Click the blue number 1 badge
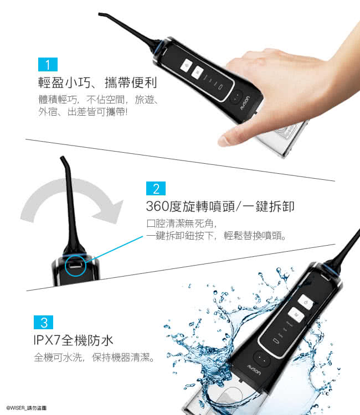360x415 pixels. pyautogui.click(x=48, y=64)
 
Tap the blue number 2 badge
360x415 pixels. pyautogui.click(x=156, y=189)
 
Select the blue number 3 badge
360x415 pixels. pyautogui.click(x=43, y=323)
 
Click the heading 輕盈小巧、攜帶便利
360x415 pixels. pyautogui.click(x=97, y=82)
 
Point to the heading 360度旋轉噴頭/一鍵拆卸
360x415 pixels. pyautogui.click(x=220, y=206)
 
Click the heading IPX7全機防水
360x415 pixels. pyautogui.click(x=73, y=340)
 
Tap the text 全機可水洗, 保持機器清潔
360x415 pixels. pyautogui.click(x=94, y=357)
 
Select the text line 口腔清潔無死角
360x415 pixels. pyautogui.click(x=182, y=224)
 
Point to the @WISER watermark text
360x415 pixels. pyautogui.click(x=27, y=408)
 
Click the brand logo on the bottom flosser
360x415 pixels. pyautogui.click(x=254, y=370)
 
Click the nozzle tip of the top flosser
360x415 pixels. pyautogui.click(x=100, y=14)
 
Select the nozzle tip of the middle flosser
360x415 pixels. pyautogui.click(x=63, y=158)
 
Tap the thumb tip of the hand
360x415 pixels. pyautogui.click(x=223, y=141)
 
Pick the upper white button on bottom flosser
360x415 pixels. pyautogui.click(x=306, y=302)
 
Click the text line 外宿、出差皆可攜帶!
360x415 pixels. pyautogui.click(x=83, y=112)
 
